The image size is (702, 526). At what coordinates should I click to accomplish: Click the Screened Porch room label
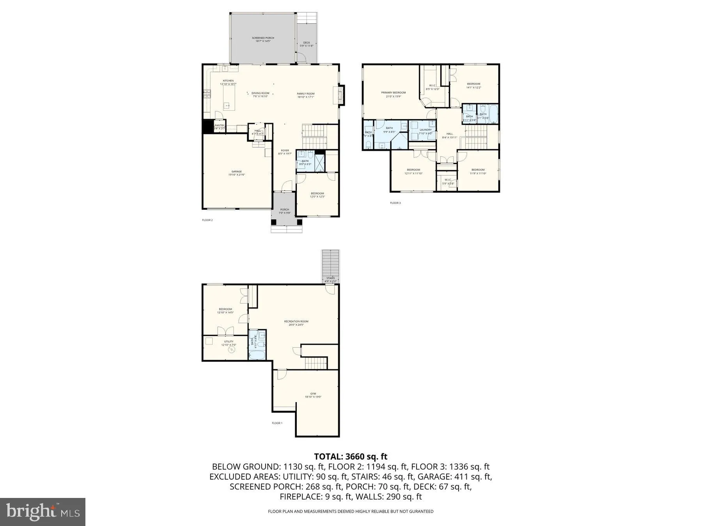pyautogui.click(x=263, y=39)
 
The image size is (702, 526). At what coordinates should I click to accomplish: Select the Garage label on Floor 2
pyautogui.click(x=236, y=173)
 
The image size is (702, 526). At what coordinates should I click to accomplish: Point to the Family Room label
pyautogui.click(x=305, y=95)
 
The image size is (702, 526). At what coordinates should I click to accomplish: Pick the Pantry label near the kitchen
pyautogui.click(x=219, y=127)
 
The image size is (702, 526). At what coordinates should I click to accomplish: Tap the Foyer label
pyautogui.click(x=285, y=152)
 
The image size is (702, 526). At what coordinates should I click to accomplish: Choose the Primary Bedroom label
pyautogui.click(x=393, y=94)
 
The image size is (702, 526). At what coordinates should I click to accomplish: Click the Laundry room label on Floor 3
pyautogui.click(x=425, y=131)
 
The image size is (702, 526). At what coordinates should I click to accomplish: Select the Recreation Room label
pyautogui.click(x=296, y=323)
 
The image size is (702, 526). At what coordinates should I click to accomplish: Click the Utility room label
pyautogui.click(x=229, y=343)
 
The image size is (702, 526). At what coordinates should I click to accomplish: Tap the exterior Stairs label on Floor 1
pyautogui.click(x=330, y=279)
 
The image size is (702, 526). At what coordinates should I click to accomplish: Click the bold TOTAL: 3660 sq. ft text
pyautogui.click(x=351, y=456)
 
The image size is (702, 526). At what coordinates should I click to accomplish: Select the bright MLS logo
pyautogui.click(x=43, y=511)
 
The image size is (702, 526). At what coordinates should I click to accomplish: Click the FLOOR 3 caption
pyautogui.click(x=395, y=203)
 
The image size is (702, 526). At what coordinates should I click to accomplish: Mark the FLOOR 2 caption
pyautogui.click(x=207, y=220)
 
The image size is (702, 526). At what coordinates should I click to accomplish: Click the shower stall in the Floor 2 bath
pyautogui.click(x=320, y=163)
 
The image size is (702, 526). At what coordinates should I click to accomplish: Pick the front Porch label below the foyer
pyautogui.click(x=284, y=211)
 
